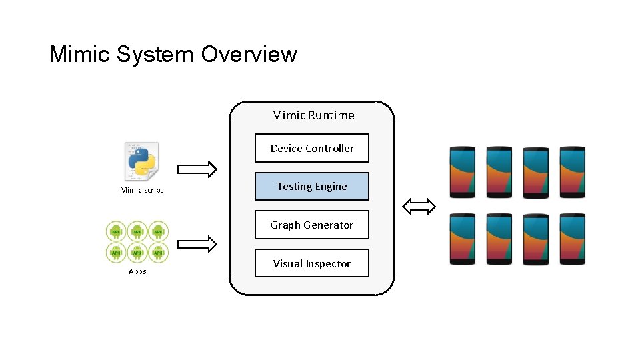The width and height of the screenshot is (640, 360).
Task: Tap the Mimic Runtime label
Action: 313,115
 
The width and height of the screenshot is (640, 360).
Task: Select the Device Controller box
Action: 312,149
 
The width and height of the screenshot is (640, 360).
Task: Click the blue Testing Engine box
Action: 312,187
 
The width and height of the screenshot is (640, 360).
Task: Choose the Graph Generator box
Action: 312,225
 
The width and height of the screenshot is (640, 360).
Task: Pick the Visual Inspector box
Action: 312,264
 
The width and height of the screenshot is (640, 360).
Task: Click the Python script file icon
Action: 141,161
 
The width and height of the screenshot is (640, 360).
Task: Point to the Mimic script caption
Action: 141,191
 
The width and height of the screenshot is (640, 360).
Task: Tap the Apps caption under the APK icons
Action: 137,271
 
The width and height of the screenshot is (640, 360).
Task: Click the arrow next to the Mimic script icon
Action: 198,169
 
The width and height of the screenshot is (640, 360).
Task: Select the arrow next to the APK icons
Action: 198,245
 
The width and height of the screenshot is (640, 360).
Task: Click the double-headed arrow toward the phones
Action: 419,207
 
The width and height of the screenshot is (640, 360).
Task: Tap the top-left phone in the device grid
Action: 463,171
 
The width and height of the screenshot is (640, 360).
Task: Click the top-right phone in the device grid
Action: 572,171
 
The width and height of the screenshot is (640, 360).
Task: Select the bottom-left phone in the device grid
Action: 463,239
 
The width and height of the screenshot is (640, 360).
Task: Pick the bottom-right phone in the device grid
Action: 572,239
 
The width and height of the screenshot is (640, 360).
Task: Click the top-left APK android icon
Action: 116,231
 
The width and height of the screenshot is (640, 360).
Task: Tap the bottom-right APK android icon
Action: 158,252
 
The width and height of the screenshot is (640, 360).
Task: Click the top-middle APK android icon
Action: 137,231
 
